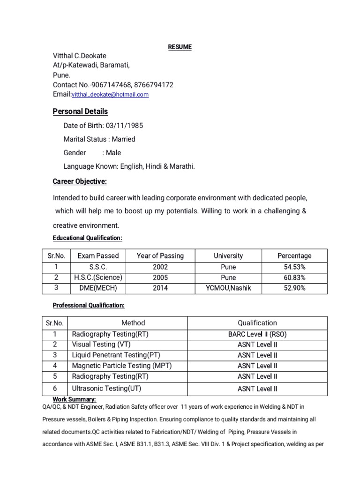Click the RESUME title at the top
pos(180,47)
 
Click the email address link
pos(110,95)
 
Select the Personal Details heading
pos(80,112)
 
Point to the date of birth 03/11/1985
pos(124,126)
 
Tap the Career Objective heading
pos(80,181)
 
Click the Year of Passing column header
pos(160,256)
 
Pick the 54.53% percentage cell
pos(294,267)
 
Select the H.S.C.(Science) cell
pos(98,277)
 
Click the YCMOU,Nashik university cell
pos(228,288)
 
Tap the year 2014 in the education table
pos(160,288)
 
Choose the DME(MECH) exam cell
pos(98,288)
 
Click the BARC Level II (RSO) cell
pos(257,334)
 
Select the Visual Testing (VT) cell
pos(101,345)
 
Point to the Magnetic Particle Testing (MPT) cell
pos(122,366)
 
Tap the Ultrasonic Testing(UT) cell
pos(106,389)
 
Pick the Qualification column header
pos(257,323)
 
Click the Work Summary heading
pos(75,399)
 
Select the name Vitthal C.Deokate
pos(79,56)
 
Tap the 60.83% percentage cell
pos(294,277)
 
